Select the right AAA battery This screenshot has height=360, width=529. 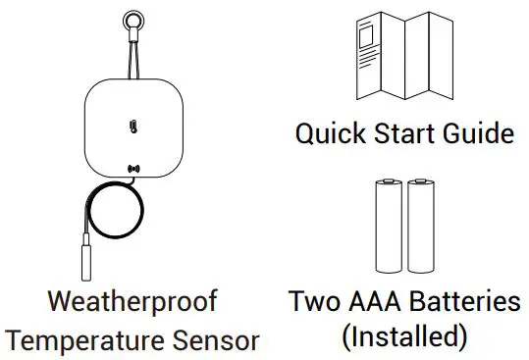420,228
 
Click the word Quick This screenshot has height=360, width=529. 330,131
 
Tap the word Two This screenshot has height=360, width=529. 312,301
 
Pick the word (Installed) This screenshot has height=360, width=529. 403,337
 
